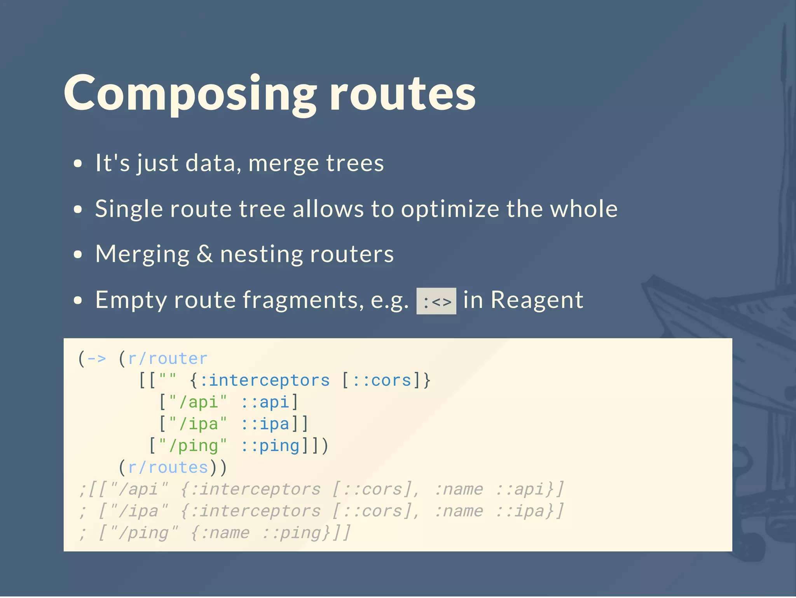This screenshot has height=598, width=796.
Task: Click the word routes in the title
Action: tap(403, 93)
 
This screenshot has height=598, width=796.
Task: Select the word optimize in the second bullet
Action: tap(450, 209)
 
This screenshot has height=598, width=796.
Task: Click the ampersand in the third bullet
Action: tap(205, 254)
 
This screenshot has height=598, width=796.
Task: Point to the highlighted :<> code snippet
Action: tap(436, 301)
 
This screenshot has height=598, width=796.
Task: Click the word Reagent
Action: tap(537, 300)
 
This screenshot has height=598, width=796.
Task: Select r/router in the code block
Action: tap(168, 358)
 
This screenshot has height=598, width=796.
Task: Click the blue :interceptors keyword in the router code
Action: tap(265, 380)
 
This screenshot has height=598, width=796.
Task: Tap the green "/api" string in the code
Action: tap(197, 402)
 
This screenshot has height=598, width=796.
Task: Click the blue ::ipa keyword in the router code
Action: tap(265, 424)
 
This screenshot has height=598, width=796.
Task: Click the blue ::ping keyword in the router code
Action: tap(270, 446)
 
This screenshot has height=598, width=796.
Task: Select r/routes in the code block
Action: tap(168, 467)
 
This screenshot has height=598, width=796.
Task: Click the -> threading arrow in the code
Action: tap(96, 358)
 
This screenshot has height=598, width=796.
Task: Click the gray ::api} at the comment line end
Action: tap(529, 489)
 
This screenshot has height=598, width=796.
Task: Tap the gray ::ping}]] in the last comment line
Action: tap(306, 533)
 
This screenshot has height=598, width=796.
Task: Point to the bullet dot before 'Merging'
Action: tap(78, 255)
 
